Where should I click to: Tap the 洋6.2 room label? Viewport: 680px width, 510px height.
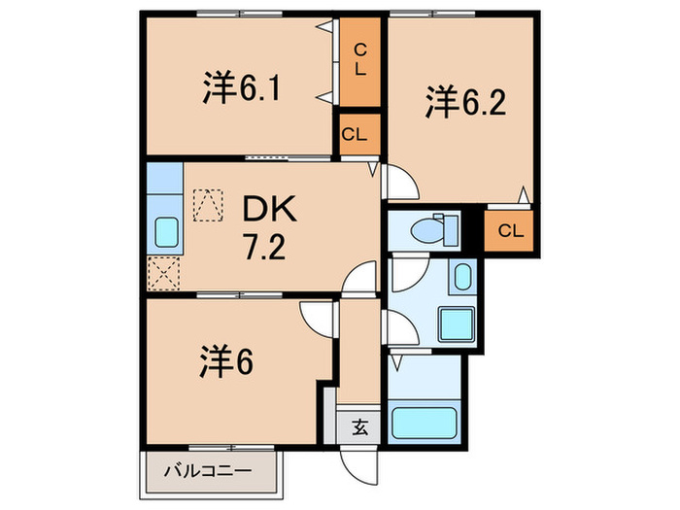coord(464,103)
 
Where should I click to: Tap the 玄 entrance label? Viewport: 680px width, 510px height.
coord(358,426)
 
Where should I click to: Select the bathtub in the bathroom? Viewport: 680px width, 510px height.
coord(424,424)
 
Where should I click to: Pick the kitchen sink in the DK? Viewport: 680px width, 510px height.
coord(165,233)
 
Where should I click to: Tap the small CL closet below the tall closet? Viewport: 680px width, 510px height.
coord(355,135)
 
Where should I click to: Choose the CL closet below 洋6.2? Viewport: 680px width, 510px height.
coord(511,231)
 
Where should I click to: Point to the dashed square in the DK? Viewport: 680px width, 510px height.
coord(206,206)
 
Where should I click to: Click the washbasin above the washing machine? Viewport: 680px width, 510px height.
coord(460,277)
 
